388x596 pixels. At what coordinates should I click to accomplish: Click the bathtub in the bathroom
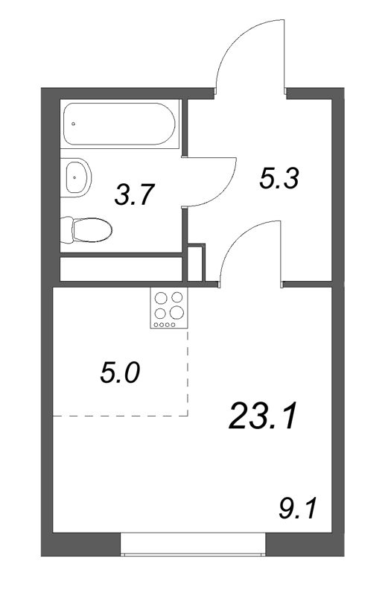120,123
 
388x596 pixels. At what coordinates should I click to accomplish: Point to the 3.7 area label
134,197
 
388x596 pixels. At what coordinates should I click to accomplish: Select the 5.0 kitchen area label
119,372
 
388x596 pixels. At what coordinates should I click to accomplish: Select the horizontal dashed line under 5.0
119,415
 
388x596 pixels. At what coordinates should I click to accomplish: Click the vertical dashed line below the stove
188,372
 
